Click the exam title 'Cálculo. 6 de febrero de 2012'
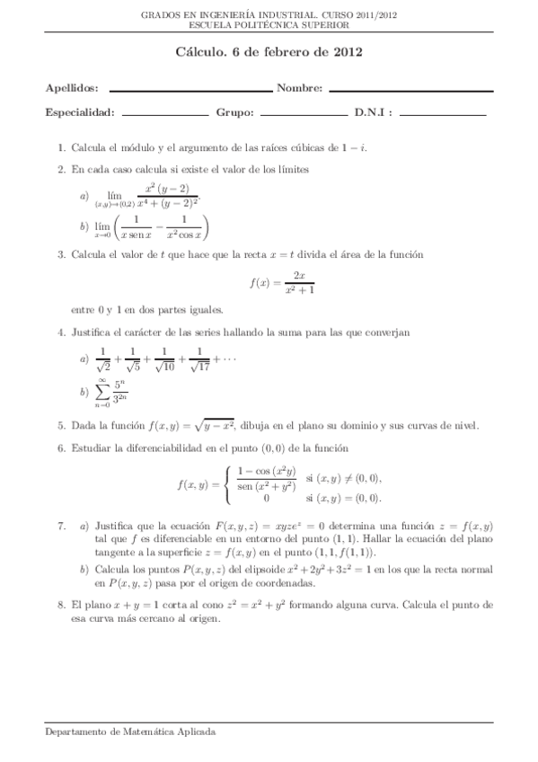click(x=269, y=53)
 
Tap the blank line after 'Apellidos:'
click(x=190, y=91)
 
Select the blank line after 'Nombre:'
click(x=411, y=91)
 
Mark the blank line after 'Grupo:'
click(x=303, y=114)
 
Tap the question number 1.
click(x=60, y=147)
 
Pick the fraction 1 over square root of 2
click(x=103, y=359)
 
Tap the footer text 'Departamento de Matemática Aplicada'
click(x=130, y=732)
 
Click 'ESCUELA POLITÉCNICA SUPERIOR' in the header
click(x=269, y=25)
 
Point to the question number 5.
click(x=60, y=426)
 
